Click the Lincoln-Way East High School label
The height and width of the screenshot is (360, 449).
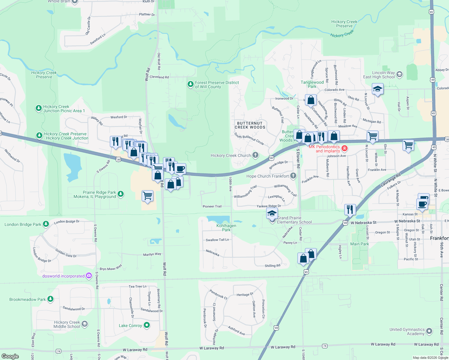point(379,75)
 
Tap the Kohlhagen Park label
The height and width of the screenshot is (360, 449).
point(226,228)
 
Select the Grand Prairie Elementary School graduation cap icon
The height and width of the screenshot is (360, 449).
point(272,214)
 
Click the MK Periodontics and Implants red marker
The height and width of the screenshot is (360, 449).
point(345,148)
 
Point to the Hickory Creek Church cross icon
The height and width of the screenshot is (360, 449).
point(255,155)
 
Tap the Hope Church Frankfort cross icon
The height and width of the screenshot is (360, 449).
point(293,176)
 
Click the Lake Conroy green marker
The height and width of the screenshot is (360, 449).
point(147,325)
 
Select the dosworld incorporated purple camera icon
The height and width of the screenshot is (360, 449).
point(89,276)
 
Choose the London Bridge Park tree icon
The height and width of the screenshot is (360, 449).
point(46,224)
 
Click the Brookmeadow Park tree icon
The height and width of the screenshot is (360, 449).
point(50,299)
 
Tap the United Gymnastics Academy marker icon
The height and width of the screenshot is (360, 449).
point(429,331)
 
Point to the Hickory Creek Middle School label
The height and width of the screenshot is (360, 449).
point(67,324)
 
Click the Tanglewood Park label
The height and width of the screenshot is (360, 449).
point(312,84)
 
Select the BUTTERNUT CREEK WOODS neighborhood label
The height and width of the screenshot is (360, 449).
point(250,125)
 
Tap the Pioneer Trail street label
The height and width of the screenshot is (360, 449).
point(212,206)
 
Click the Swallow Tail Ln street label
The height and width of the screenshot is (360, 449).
point(217,240)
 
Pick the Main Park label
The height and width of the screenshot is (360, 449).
point(360,244)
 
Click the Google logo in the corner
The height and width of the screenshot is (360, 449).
point(10,356)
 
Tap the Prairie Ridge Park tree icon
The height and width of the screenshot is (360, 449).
point(121,194)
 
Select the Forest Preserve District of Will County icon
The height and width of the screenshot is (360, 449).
point(190,84)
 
